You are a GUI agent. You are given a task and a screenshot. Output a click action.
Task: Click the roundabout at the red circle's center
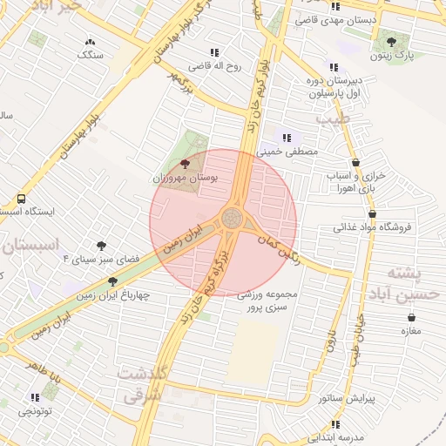coord(232,218)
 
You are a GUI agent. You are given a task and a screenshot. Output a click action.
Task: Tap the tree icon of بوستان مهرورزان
coord(184,163)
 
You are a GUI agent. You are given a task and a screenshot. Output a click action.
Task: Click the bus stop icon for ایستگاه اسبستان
coord(22,199)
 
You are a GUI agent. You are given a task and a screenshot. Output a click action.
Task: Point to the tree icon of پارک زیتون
coord(390,41)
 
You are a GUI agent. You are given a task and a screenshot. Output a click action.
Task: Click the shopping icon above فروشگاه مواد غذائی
coord(373,213)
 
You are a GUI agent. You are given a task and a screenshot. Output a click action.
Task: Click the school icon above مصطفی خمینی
coord(287,137)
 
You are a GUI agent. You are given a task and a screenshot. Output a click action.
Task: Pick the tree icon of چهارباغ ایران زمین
coord(112,281)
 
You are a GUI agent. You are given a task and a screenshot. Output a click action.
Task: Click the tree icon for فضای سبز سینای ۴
coord(102,246)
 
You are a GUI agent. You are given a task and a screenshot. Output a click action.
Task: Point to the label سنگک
coord(90,55)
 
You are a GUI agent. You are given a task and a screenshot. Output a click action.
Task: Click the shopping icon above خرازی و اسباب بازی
coord(355,163)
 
